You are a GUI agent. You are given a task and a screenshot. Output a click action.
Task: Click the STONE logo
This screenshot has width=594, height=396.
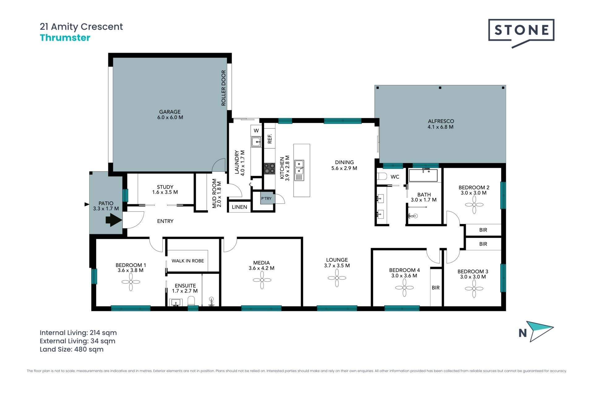point(521,32)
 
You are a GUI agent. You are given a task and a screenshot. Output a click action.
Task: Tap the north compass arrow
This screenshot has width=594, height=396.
point(541,330)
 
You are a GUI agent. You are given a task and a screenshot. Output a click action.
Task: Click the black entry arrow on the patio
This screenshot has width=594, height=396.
point(114,220)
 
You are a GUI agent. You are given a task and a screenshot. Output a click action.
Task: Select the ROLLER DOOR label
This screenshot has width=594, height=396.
point(223,88)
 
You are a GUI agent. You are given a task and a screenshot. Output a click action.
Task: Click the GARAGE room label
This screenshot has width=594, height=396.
point(170,112)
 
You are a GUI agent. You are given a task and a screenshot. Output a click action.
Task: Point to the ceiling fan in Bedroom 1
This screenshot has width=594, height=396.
point(131,282)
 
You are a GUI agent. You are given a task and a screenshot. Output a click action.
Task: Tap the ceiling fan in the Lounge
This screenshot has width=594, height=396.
point(337,278)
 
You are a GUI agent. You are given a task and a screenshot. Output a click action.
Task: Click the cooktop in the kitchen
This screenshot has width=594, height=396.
point(269,169)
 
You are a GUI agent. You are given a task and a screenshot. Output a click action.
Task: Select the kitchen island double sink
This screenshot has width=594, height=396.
point(299,170)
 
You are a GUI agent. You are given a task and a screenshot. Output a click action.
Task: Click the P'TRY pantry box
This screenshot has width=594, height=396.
point(266,198)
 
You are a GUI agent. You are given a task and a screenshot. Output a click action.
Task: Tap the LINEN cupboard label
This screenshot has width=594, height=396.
point(239,207)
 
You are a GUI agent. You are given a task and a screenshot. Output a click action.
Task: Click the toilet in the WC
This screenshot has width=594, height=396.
point(382,176)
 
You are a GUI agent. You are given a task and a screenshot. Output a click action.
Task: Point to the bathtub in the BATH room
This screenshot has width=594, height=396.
point(423,175)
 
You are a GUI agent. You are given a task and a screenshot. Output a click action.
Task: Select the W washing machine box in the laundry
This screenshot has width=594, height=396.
point(256,131)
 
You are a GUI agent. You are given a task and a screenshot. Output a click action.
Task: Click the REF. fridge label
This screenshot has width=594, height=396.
point(270,139)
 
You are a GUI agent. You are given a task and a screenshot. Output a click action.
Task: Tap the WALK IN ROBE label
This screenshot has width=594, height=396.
point(188,261)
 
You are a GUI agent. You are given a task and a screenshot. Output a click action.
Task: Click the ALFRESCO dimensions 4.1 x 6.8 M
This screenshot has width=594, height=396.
point(441,127)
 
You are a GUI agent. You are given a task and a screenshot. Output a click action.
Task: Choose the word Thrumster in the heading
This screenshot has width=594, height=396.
point(65,38)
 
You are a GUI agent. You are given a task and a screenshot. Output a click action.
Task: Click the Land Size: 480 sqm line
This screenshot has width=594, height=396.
point(71,349)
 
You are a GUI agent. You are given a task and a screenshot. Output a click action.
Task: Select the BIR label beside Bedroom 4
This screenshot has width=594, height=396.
point(436,288)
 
